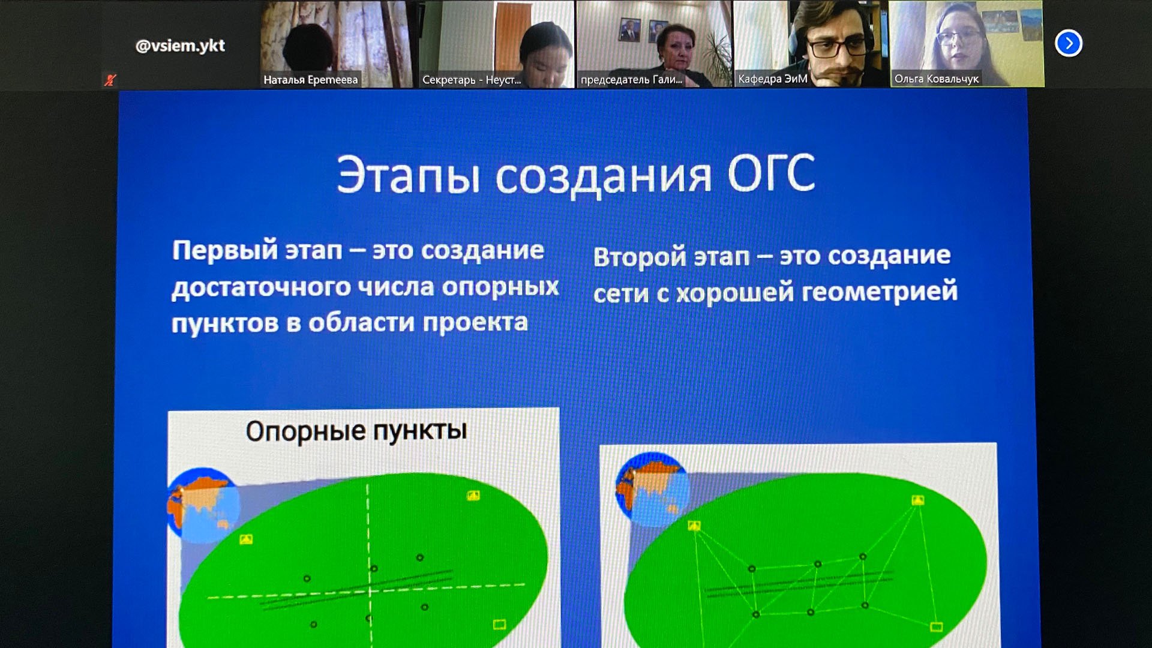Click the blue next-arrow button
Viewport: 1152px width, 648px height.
pos(1069,43)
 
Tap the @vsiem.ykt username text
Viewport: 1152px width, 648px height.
pos(180,46)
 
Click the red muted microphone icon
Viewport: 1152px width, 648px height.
pos(110,80)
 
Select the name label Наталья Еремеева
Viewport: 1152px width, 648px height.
pos(311,80)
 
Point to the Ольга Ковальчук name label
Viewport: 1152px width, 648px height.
pos(937,79)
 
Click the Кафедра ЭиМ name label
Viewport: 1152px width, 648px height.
pos(773,79)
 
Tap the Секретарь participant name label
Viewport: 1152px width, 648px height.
pos(472,80)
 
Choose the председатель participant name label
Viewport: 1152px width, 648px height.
pos(631,79)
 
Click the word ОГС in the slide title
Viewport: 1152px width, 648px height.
pos(771,173)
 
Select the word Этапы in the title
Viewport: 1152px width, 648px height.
pos(408,175)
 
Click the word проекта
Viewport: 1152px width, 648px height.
pos(475,323)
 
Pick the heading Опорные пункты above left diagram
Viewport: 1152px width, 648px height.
pos(356,431)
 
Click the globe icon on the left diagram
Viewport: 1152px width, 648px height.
pos(203,505)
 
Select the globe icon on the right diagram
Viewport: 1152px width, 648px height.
pos(652,488)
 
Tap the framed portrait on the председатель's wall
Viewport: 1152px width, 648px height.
pos(629,30)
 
